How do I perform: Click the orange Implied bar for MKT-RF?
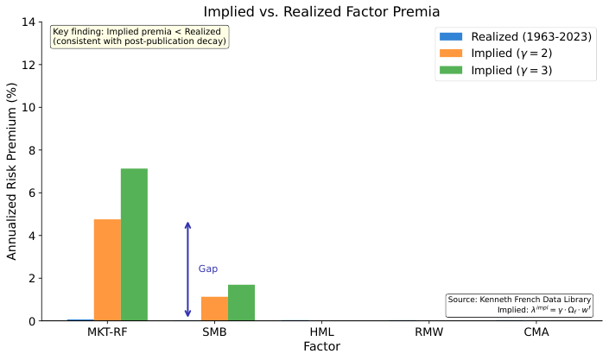(107, 270)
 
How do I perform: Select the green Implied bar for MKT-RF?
(134, 244)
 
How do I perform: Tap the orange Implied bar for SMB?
(214, 308)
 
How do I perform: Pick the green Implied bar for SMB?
(241, 302)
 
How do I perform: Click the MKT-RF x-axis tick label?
(107, 332)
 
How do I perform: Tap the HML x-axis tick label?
(321, 332)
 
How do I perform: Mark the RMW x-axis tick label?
(428, 332)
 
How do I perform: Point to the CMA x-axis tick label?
(536, 332)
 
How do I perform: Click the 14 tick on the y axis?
(27, 22)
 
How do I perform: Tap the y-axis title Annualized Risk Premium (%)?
(12, 171)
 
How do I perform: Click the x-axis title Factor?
(321, 347)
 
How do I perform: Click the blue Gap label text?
(208, 269)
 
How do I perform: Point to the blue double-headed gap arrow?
(187, 269)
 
